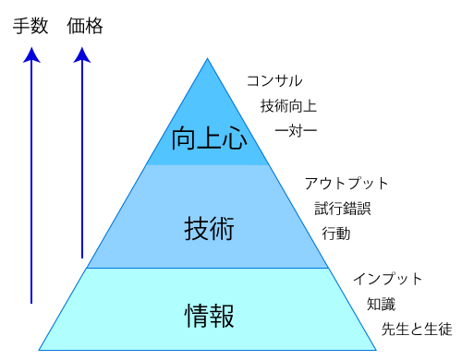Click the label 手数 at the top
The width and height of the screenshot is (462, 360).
point(30,26)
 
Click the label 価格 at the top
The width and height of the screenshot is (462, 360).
point(85,26)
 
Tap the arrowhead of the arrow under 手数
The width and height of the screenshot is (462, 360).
point(31,54)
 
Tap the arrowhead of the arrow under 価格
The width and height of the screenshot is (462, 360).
point(82,54)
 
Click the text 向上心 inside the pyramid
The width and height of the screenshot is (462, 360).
point(209,138)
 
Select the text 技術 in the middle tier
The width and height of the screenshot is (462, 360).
point(209,228)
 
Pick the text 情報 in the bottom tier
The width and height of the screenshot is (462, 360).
point(209,316)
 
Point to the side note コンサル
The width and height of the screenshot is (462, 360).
point(274,81)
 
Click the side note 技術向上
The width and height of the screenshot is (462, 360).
point(288,106)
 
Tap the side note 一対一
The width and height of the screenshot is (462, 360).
point(296,131)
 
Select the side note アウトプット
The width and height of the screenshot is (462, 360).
point(346,184)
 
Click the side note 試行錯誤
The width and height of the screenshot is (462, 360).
point(343,209)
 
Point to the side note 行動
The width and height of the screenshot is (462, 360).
point(336,234)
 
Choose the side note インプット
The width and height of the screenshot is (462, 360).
point(387,279)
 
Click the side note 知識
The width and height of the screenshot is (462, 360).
point(381,305)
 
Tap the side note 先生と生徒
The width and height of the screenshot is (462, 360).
point(417,330)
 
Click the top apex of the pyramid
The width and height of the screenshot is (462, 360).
point(207,58)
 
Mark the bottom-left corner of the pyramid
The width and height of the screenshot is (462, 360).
point(39,350)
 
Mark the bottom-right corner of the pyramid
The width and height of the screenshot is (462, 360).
point(376,350)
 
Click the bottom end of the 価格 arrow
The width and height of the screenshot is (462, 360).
point(82,258)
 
